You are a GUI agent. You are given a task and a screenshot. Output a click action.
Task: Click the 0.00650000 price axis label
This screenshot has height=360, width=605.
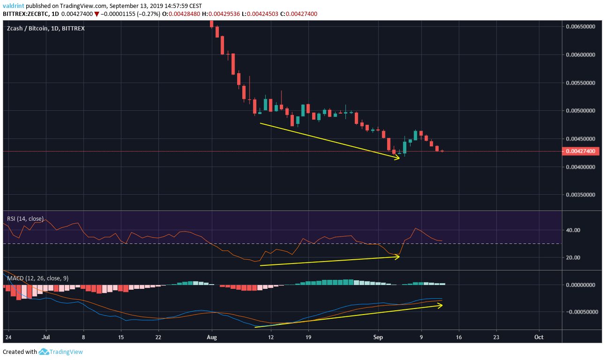580,27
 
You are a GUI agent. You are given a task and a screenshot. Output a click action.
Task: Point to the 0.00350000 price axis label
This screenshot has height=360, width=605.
580,195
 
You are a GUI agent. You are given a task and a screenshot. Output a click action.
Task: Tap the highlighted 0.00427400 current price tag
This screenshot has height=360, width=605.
580,151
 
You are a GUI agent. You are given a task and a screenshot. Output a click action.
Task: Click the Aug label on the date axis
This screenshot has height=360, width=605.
212,337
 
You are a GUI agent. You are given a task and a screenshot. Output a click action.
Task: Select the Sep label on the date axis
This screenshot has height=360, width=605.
378,337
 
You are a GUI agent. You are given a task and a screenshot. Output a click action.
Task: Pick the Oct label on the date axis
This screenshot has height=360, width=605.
539,337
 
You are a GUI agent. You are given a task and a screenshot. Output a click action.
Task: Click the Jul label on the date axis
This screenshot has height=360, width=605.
46,337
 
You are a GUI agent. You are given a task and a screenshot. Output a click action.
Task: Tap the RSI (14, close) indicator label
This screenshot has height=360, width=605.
25,218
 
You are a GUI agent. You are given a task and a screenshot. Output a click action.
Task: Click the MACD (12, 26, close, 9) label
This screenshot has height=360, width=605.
37,278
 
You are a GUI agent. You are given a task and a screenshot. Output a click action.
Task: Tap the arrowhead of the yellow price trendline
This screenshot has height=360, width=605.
398,158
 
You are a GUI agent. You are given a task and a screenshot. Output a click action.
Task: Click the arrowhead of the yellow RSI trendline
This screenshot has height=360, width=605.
398,257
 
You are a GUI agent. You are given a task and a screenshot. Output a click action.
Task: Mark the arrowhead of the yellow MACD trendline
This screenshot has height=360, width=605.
441,305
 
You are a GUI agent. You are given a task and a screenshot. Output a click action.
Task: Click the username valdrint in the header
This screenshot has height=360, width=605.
12,6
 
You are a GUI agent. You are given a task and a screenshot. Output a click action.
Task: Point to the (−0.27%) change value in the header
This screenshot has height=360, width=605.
145,14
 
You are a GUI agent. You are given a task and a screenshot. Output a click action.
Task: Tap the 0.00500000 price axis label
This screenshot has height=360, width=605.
580,111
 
